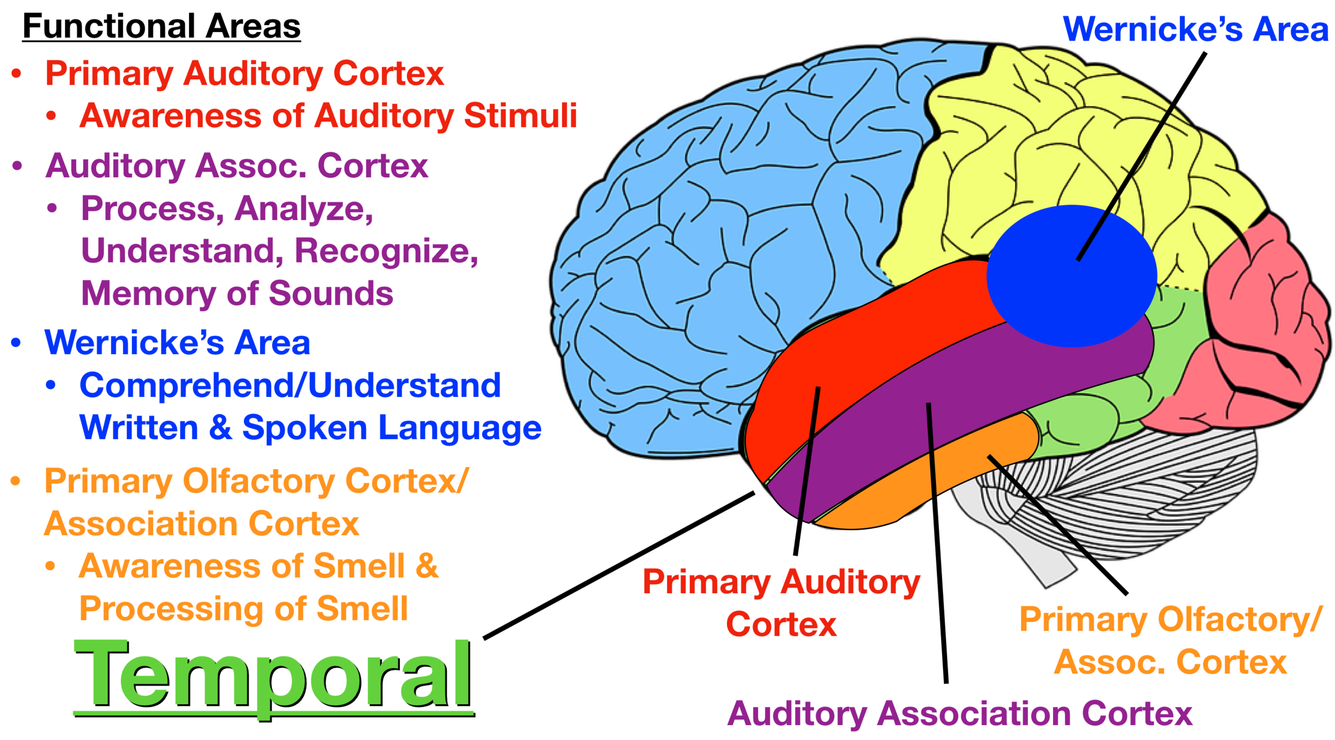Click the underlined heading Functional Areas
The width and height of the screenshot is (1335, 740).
click(x=161, y=27)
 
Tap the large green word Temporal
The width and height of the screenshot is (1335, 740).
click(x=272, y=675)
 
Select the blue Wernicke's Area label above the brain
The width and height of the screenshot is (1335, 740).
click(x=1195, y=29)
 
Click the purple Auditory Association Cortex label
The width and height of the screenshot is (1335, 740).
click(x=960, y=713)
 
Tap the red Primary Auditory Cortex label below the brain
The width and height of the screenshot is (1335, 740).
click(x=781, y=603)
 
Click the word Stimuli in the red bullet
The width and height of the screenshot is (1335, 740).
click(x=520, y=115)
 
